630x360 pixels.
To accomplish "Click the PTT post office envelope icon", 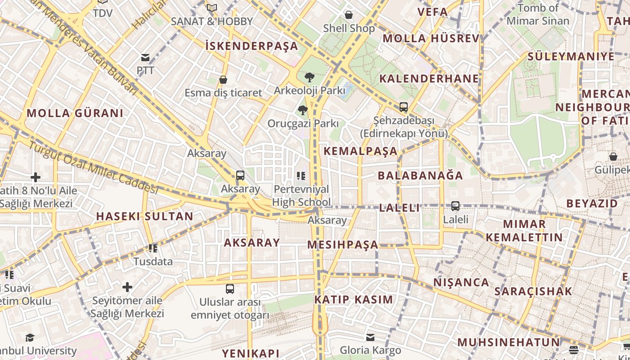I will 145,58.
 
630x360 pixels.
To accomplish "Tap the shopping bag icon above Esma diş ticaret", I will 223,80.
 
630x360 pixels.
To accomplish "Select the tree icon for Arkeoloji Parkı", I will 309,77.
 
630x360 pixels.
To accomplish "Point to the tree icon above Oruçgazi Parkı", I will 302,110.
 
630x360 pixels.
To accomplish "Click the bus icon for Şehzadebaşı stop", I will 404,107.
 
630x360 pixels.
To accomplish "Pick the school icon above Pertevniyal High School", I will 301,175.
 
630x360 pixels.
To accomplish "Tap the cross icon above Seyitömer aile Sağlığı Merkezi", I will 127,287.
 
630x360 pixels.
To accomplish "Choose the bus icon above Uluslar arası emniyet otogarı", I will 230,288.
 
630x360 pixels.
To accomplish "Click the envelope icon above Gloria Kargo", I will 370,337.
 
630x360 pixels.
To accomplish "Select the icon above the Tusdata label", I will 153,248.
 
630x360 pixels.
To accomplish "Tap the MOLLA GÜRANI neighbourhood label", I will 75,113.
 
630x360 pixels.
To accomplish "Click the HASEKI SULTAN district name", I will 144,216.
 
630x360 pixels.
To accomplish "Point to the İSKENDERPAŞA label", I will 252,46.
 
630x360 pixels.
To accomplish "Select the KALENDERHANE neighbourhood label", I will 429,79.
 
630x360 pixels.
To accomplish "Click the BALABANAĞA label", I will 420,175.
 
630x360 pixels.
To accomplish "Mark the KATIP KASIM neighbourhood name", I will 354,300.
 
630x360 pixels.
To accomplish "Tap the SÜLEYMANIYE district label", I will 571,57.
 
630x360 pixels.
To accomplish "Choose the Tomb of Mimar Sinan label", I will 538,14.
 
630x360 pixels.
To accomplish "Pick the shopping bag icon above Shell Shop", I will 349,15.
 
